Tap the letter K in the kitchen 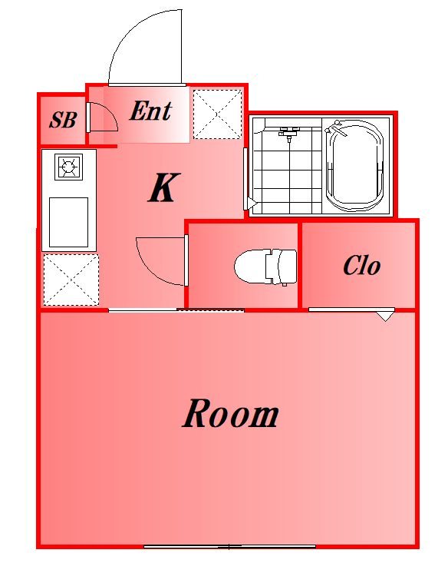(x=163, y=187)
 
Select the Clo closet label (x=361, y=266)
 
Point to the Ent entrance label (x=151, y=111)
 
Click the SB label (x=63, y=120)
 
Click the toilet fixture (x=265, y=267)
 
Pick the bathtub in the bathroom (x=354, y=166)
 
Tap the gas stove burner (x=68, y=167)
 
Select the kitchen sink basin (x=68, y=222)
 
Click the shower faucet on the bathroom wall (x=289, y=132)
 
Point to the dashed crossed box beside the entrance (x=217, y=114)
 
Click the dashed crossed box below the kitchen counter (x=71, y=280)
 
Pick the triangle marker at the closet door (x=385, y=316)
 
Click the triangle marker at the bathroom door (x=252, y=204)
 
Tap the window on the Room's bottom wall (x=229, y=547)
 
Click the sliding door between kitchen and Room (x=176, y=310)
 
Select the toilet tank (x=282, y=267)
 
